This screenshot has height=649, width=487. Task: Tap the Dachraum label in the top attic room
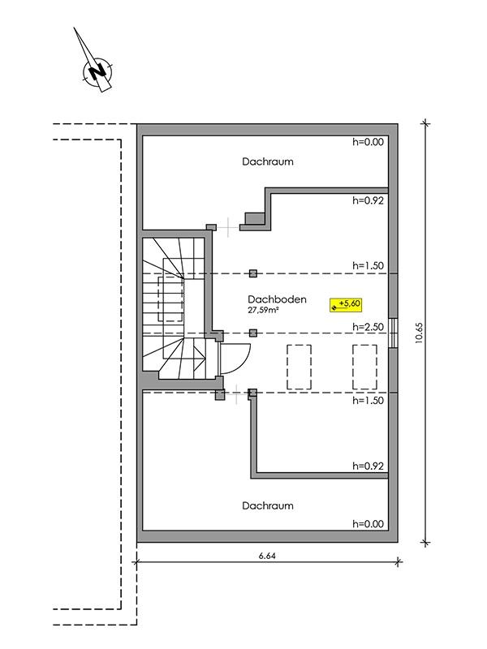(x=268, y=161)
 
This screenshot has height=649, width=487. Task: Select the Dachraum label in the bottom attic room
(x=268, y=505)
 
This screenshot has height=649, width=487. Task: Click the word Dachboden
(x=277, y=299)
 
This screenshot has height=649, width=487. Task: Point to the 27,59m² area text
(x=263, y=310)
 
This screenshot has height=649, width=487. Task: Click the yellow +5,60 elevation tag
(x=346, y=305)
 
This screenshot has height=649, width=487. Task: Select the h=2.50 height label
(x=368, y=327)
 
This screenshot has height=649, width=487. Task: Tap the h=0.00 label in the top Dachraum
(x=368, y=142)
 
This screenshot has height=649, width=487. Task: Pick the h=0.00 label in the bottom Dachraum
(x=368, y=523)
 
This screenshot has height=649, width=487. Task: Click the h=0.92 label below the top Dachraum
(x=368, y=200)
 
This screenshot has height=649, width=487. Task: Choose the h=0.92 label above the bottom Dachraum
(x=368, y=466)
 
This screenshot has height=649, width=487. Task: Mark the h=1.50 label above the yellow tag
(x=368, y=266)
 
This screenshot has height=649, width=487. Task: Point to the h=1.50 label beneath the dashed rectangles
(x=368, y=400)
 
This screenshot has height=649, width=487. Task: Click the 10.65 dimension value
(x=419, y=333)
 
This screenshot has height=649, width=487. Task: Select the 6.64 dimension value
(x=267, y=556)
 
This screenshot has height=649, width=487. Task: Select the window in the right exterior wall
(x=394, y=333)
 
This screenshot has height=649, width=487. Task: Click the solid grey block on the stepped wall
(x=255, y=218)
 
